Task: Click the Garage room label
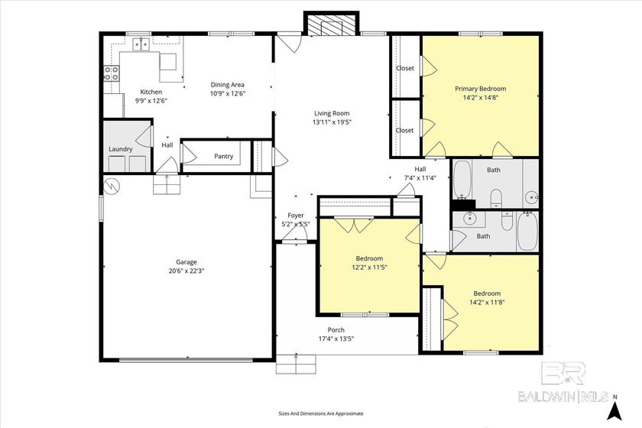[x=186, y=262]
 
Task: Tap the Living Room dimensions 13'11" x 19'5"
[x=332, y=122]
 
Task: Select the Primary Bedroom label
[x=480, y=89]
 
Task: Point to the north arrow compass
[x=614, y=409]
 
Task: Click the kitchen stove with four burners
[x=112, y=73]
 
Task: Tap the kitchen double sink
[x=141, y=44]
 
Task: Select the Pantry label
[x=223, y=156]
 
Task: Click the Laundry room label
[x=121, y=149]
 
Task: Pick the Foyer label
[x=296, y=216]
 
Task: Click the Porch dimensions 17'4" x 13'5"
[x=336, y=339]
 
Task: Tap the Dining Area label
[x=227, y=85]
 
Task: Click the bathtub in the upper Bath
[x=462, y=179]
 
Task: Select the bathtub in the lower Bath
[x=527, y=231]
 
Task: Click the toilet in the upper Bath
[x=496, y=197]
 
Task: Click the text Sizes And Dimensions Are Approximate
[x=321, y=413]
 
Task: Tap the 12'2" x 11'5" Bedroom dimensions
[x=369, y=267]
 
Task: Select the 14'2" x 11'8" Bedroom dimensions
[x=487, y=302]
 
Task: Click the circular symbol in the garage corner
[x=112, y=186]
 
